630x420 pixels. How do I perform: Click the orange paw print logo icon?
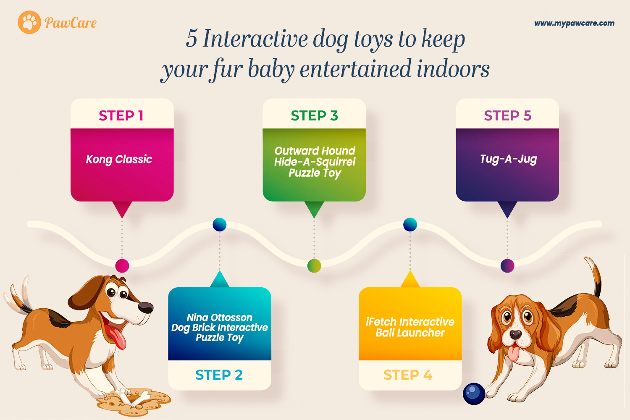point(29,22)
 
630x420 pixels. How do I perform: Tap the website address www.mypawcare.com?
point(574,24)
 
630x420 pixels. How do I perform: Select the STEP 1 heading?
point(121,115)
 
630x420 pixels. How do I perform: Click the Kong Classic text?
point(119,160)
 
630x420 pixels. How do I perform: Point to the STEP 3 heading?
point(314,115)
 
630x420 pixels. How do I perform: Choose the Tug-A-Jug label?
point(508,159)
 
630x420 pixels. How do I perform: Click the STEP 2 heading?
point(219,375)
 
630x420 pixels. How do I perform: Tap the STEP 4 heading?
point(408,375)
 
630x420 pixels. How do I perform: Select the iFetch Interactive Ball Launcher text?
point(410,327)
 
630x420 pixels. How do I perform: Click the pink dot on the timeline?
point(122,265)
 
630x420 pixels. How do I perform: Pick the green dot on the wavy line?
point(314,265)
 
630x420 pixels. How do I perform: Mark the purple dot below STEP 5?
point(507,265)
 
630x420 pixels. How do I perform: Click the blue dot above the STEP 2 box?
point(220,224)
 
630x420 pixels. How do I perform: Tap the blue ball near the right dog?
point(474,394)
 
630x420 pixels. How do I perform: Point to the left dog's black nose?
point(146,307)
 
